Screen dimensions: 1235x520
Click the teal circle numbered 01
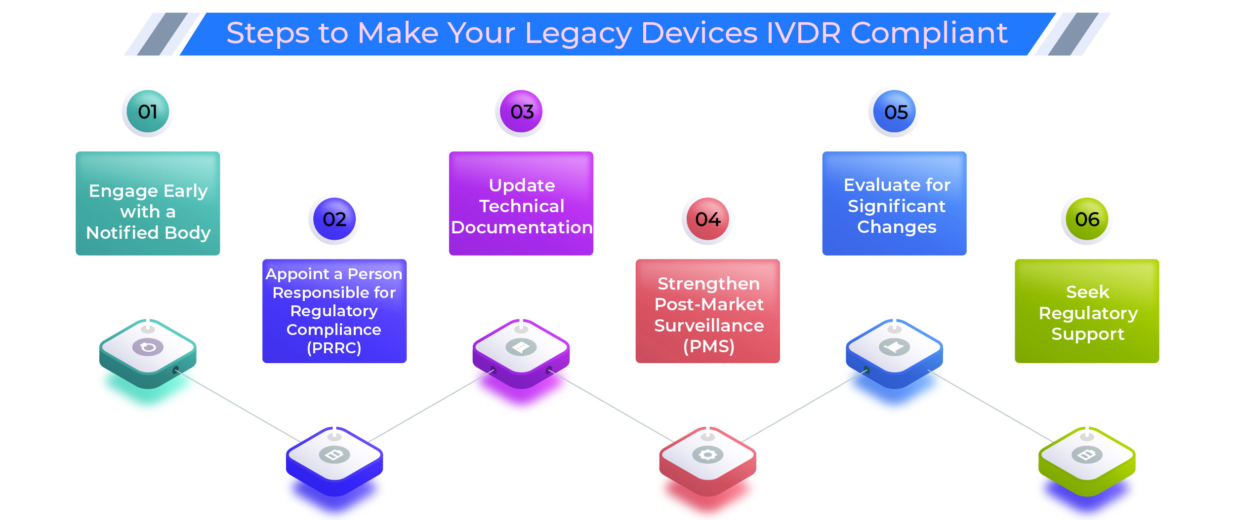[x=148, y=111]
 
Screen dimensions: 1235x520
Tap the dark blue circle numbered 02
[x=334, y=219]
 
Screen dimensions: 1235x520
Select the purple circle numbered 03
[x=521, y=111]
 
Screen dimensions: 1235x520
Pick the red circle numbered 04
[x=708, y=219]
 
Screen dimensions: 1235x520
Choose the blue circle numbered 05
[x=895, y=111]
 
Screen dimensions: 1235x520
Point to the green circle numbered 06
[x=1087, y=219]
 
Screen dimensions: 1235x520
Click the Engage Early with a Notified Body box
[x=148, y=203]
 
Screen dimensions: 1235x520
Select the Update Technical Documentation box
[x=521, y=203]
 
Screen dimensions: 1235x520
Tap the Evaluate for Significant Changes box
[x=895, y=203]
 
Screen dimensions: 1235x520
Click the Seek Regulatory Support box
[x=1087, y=311]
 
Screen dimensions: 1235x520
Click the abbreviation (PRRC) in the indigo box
[x=334, y=348]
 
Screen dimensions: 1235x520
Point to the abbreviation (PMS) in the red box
[x=709, y=346]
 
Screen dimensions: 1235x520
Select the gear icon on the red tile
[x=708, y=454]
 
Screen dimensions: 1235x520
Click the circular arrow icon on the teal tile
[x=148, y=347]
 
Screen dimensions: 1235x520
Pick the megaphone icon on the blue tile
[x=895, y=347]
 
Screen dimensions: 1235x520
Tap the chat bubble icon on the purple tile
[x=521, y=347]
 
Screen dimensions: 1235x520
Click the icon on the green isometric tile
[x=1087, y=454]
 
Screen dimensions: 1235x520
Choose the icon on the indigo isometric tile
[x=334, y=454]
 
